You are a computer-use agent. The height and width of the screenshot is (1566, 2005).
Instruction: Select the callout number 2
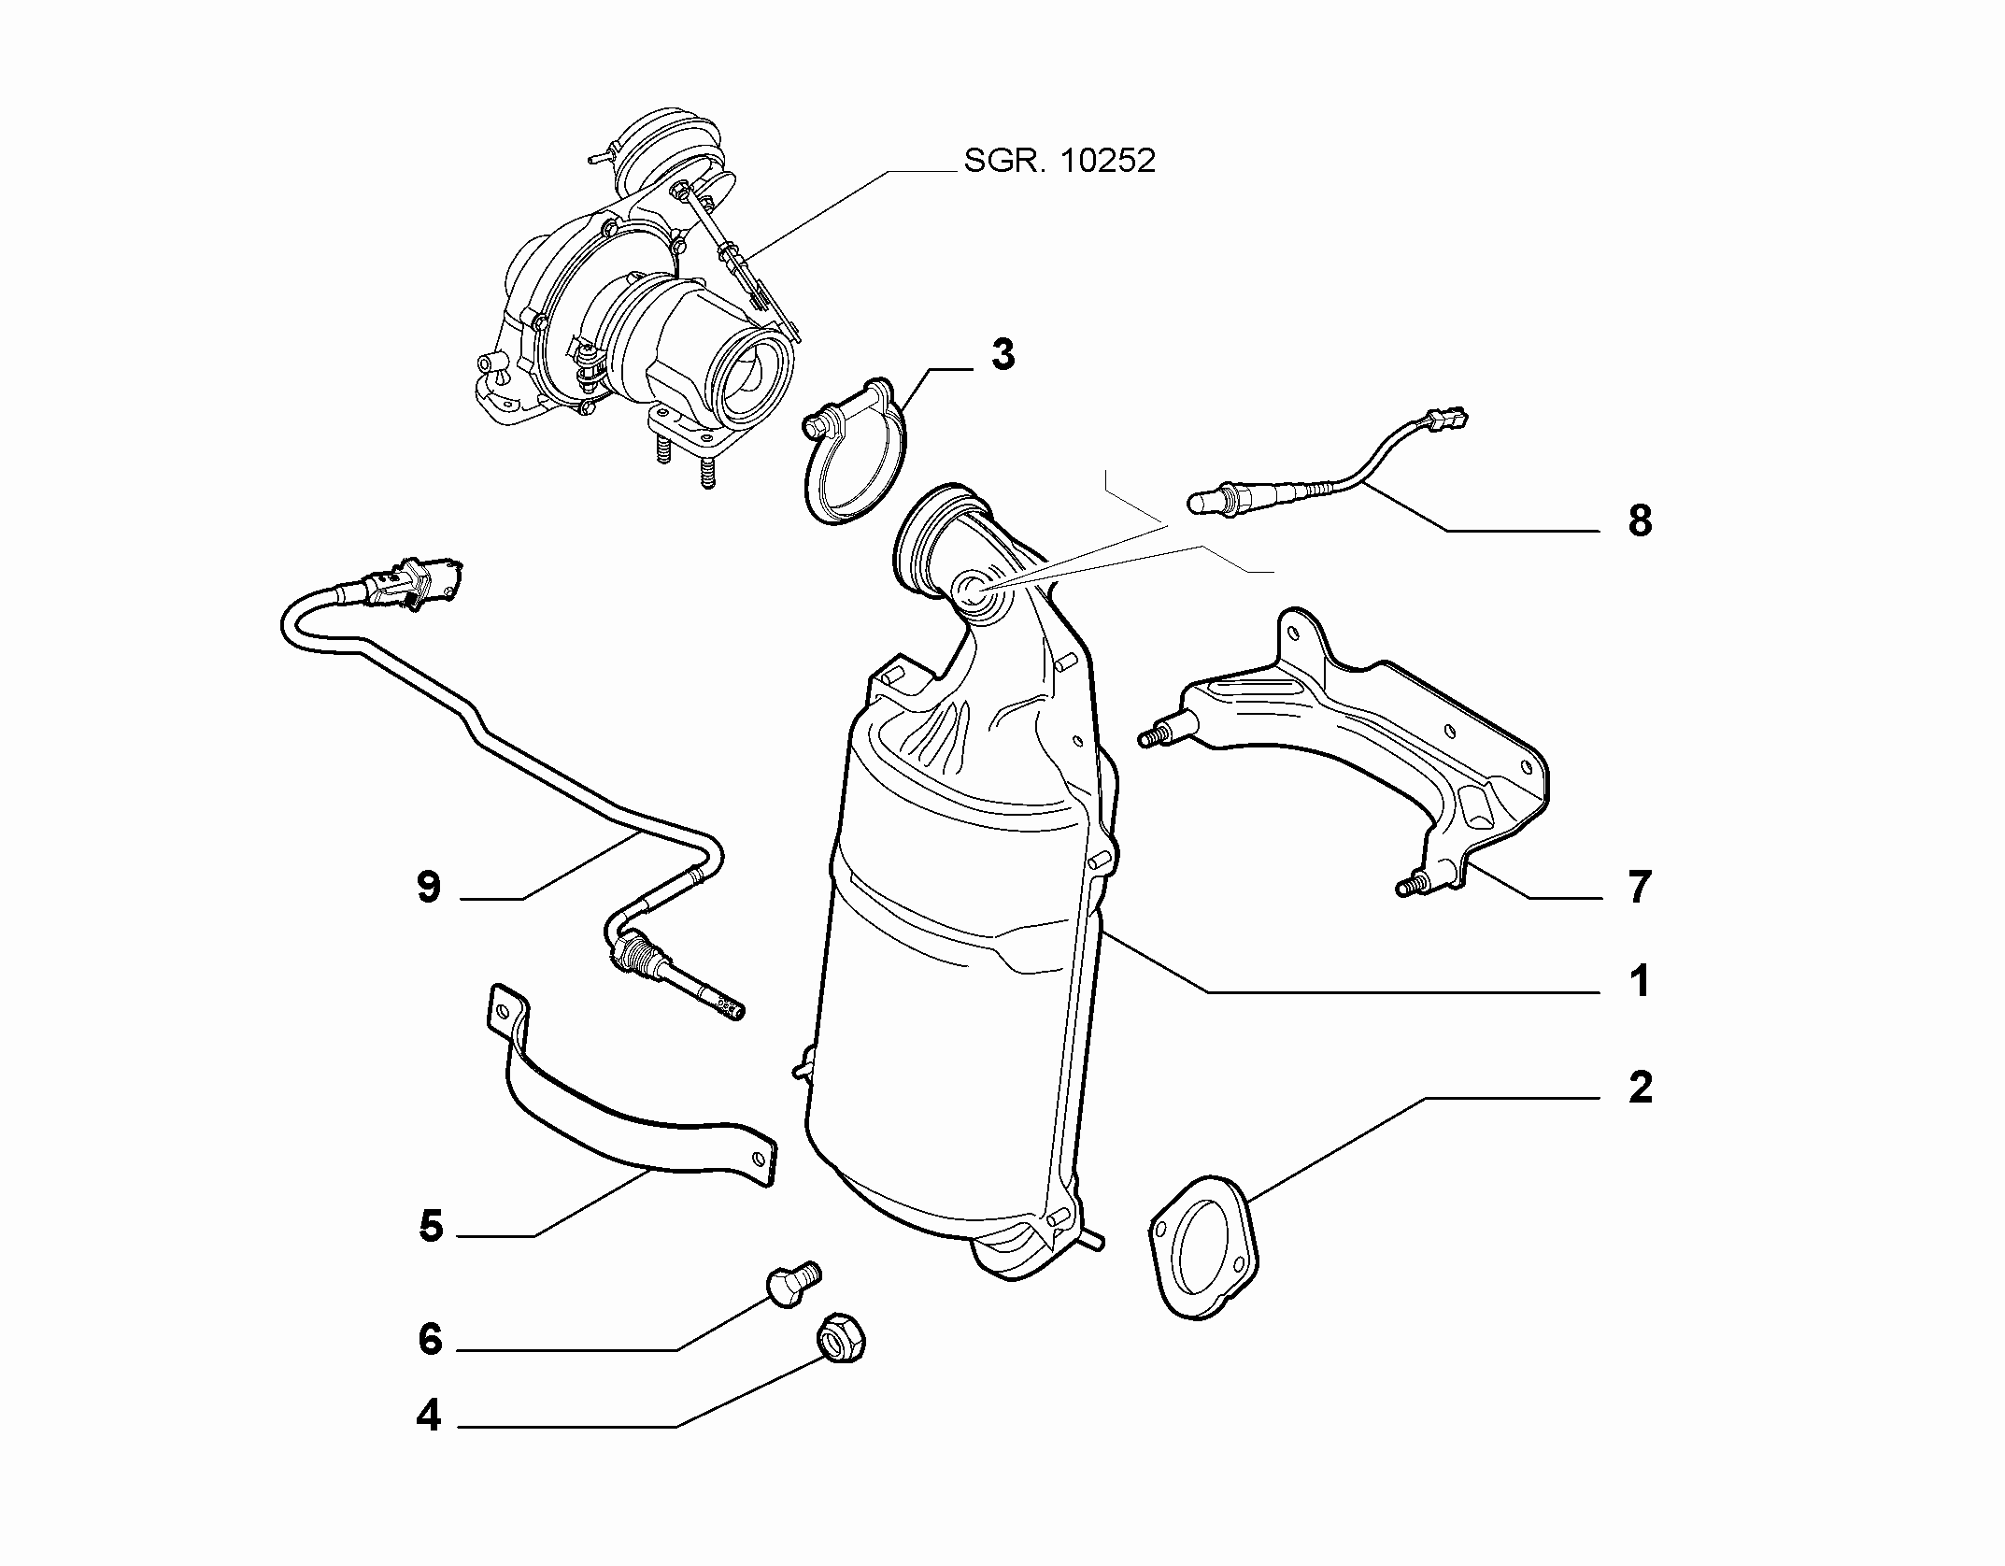[1641, 1087]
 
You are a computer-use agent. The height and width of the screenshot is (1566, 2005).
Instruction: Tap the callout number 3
[1003, 355]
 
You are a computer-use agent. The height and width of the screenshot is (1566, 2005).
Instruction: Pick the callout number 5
[430, 1226]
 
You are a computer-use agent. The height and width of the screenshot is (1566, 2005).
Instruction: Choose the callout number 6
[430, 1339]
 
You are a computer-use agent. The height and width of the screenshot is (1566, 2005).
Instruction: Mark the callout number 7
[1640, 887]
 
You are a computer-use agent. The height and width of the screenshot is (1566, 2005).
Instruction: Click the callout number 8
[1640, 520]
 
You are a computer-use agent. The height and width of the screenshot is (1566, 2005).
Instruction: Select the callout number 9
[429, 887]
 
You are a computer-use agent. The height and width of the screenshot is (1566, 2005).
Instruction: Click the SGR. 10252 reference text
[1059, 161]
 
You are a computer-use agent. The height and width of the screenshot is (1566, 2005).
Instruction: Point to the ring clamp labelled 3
[854, 452]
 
